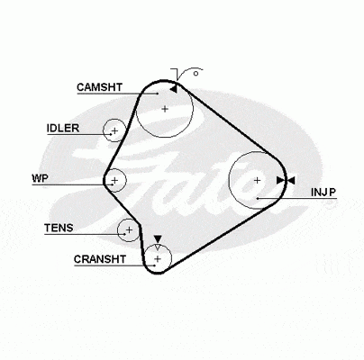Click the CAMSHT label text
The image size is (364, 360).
click(99, 87)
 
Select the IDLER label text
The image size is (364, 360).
click(63, 129)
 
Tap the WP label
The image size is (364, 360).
click(40, 178)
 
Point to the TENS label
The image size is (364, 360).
click(59, 228)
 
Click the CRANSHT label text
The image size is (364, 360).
click(100, 259)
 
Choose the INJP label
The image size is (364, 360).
click(323, 193)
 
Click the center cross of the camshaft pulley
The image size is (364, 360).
click(165, 109)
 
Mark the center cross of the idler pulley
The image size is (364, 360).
click(114, 130)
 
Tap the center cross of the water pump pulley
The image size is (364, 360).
click(114, 180)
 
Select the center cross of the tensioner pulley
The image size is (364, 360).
click(129, 230)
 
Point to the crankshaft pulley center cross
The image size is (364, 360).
click(158, 258)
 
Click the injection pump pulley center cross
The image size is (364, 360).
click(257, 180)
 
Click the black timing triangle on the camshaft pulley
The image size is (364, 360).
click(174, 89)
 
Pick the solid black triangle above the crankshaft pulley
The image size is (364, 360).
click(158, 239)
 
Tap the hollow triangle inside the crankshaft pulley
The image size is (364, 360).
click(158, 247)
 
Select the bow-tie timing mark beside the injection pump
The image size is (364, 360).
click(286, 180)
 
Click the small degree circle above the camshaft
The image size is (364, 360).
click(196, 74)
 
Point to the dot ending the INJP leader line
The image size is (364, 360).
click(258, 199)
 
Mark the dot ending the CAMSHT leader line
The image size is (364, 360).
click(158, 94)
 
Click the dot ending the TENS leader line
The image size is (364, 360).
click(124, 234)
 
